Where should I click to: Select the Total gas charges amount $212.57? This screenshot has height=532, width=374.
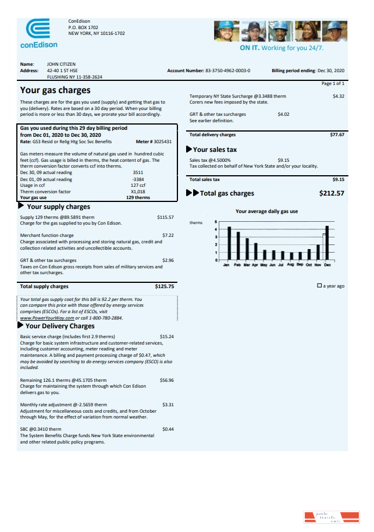tap(332, 193)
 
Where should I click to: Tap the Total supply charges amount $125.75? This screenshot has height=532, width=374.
tap(164, 286)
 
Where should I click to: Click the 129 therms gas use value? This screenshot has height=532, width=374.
tap(138, 197)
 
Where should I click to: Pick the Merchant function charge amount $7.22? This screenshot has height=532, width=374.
tap(168, 236)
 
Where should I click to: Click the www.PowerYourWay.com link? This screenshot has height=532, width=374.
tap(47, 318)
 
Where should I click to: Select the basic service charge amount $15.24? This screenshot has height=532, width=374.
tap(166, 336)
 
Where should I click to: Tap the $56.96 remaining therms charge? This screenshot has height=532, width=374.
tap(166, 380)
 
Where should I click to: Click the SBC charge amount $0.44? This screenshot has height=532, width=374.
tap(168, 429)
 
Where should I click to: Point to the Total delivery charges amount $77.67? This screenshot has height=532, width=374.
tap(337, 134)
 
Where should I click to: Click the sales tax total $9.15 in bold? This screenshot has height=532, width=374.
tap(338, 180)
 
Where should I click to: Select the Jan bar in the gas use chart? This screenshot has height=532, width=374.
tap(229, 243)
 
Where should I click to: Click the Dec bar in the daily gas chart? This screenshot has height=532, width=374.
tap(327, 242)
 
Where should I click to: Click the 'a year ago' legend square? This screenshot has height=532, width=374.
tap(319, 286)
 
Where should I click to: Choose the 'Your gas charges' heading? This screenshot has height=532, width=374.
tap(55, 90)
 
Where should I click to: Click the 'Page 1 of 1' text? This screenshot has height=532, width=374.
tap(333, 84)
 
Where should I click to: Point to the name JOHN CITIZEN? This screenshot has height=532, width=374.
tap(61, 64)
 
